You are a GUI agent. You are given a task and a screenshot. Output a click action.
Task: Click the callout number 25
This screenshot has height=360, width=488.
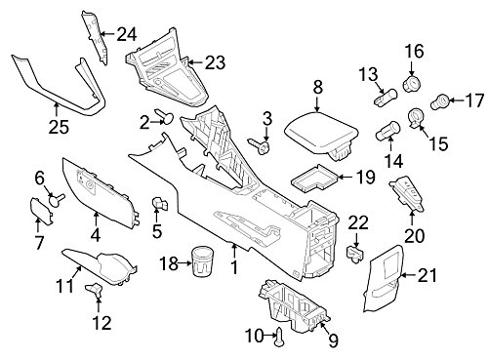coord(59,127)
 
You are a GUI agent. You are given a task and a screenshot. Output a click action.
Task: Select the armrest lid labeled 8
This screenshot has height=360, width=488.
coord(321,135)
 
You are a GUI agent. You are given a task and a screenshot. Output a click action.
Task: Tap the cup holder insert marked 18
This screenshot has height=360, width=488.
coord(201,261)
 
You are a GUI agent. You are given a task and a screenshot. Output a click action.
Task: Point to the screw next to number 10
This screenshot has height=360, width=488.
coord(279,337)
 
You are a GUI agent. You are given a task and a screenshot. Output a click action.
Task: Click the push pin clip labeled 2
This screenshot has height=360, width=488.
coord(166,116)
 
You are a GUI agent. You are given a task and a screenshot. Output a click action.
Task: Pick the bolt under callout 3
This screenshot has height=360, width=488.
coord(261,146)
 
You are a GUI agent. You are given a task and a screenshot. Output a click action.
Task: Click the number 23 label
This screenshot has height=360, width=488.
coord(215,62)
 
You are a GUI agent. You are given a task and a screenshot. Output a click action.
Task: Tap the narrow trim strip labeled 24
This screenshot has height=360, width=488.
coord(97,38)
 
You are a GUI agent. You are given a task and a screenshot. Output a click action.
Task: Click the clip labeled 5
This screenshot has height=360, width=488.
coord(159,203)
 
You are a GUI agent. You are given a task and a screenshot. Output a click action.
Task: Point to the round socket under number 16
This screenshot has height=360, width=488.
coord(412,83)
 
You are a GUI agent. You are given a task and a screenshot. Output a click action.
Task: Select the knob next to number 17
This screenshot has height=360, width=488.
coord(440,101)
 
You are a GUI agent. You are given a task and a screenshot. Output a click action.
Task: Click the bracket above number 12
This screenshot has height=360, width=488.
coord(95,290)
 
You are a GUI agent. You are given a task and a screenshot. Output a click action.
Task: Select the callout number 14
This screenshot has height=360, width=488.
coord(394,161)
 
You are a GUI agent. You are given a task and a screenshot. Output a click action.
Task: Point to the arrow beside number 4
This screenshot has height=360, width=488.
coord(96,220)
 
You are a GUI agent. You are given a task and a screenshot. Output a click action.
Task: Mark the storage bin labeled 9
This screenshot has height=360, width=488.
coord(295,304)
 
